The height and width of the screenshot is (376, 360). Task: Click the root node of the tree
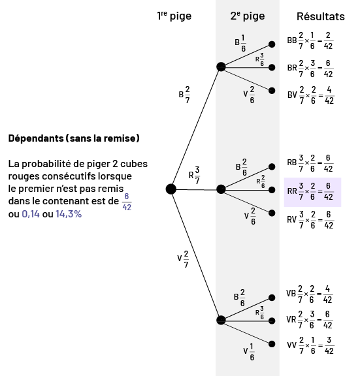pos(171,189)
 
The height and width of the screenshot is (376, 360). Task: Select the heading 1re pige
pos(174,16)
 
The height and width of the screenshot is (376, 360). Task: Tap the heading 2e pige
pos(248,16)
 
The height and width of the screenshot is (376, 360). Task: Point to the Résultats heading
pos(321,16)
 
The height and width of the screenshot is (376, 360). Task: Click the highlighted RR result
pos(312,192)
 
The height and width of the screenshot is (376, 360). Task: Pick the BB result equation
pos(310,40)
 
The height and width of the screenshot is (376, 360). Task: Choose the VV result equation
pos(310,345)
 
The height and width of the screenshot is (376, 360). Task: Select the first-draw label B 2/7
pos(184,95)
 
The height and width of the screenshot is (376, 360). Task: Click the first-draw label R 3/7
pos(194,176)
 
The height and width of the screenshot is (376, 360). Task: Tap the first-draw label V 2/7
pos(183,259)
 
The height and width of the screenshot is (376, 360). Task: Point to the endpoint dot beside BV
pos(272,91)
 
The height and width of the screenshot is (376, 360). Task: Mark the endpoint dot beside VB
pos(272,298)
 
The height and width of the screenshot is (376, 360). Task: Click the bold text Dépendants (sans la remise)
pos(74,138)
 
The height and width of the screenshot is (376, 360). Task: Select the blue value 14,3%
pos(69,214)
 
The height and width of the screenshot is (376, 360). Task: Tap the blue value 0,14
pos(31,214)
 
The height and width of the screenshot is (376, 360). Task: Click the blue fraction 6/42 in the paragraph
pos(127,202)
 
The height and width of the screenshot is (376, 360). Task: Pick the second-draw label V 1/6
pos(249,352)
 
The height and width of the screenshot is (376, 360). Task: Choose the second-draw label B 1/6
pos(240,43)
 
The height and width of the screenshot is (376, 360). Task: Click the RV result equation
pos(310,220)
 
